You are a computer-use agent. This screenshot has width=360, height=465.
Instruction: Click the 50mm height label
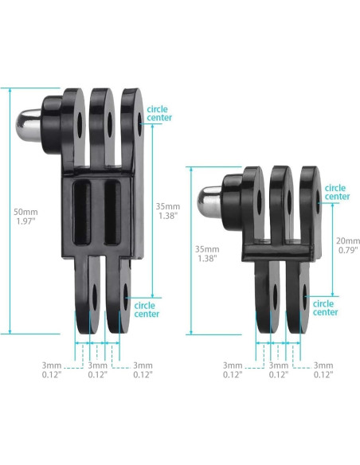coord(25,217)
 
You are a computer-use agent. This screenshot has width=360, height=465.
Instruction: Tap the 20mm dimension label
coord(347,245)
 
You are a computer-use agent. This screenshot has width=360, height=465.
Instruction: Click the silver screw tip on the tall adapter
coord(28,126)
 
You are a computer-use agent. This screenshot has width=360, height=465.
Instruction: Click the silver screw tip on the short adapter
coord(209,202)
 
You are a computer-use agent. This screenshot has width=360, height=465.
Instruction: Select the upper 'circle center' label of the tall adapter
coord(159,114)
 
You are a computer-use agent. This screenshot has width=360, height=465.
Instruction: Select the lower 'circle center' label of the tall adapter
coord(147,310)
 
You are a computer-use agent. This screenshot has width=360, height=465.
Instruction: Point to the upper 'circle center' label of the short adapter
coord(337,192)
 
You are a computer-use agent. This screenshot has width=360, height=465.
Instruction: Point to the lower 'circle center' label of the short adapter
coord(325,308)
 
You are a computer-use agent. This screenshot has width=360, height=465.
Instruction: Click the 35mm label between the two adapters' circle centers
coord(168,211)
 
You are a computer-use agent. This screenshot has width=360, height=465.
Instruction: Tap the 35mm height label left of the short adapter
coord(207,253)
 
